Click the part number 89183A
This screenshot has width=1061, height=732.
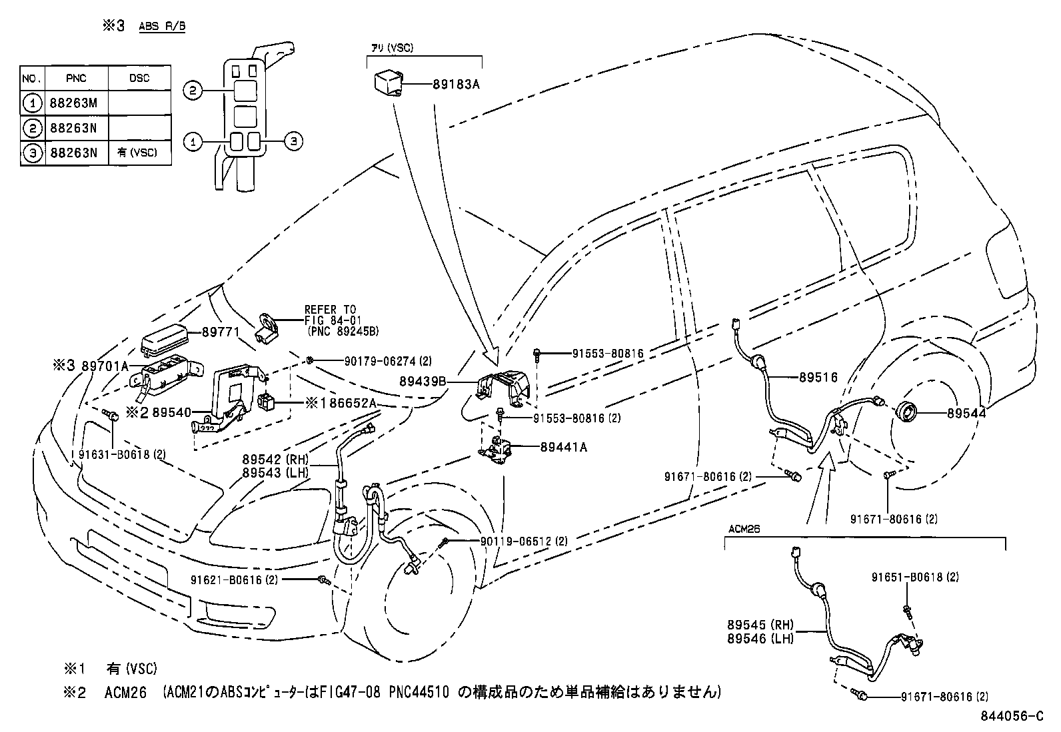point(456,85)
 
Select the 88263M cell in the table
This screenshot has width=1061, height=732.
point(73,103)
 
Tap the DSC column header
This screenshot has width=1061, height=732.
point(139,78)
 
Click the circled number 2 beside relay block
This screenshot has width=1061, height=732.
point(192,91)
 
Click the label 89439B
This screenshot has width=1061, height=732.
point(423,382)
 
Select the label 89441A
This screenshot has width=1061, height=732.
point(563,448)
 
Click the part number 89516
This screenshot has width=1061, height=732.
point(818,377)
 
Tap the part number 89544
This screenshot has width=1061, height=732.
point(966,413)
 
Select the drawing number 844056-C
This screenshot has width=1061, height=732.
point(1010,717)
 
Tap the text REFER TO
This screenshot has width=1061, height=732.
point(330,310)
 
